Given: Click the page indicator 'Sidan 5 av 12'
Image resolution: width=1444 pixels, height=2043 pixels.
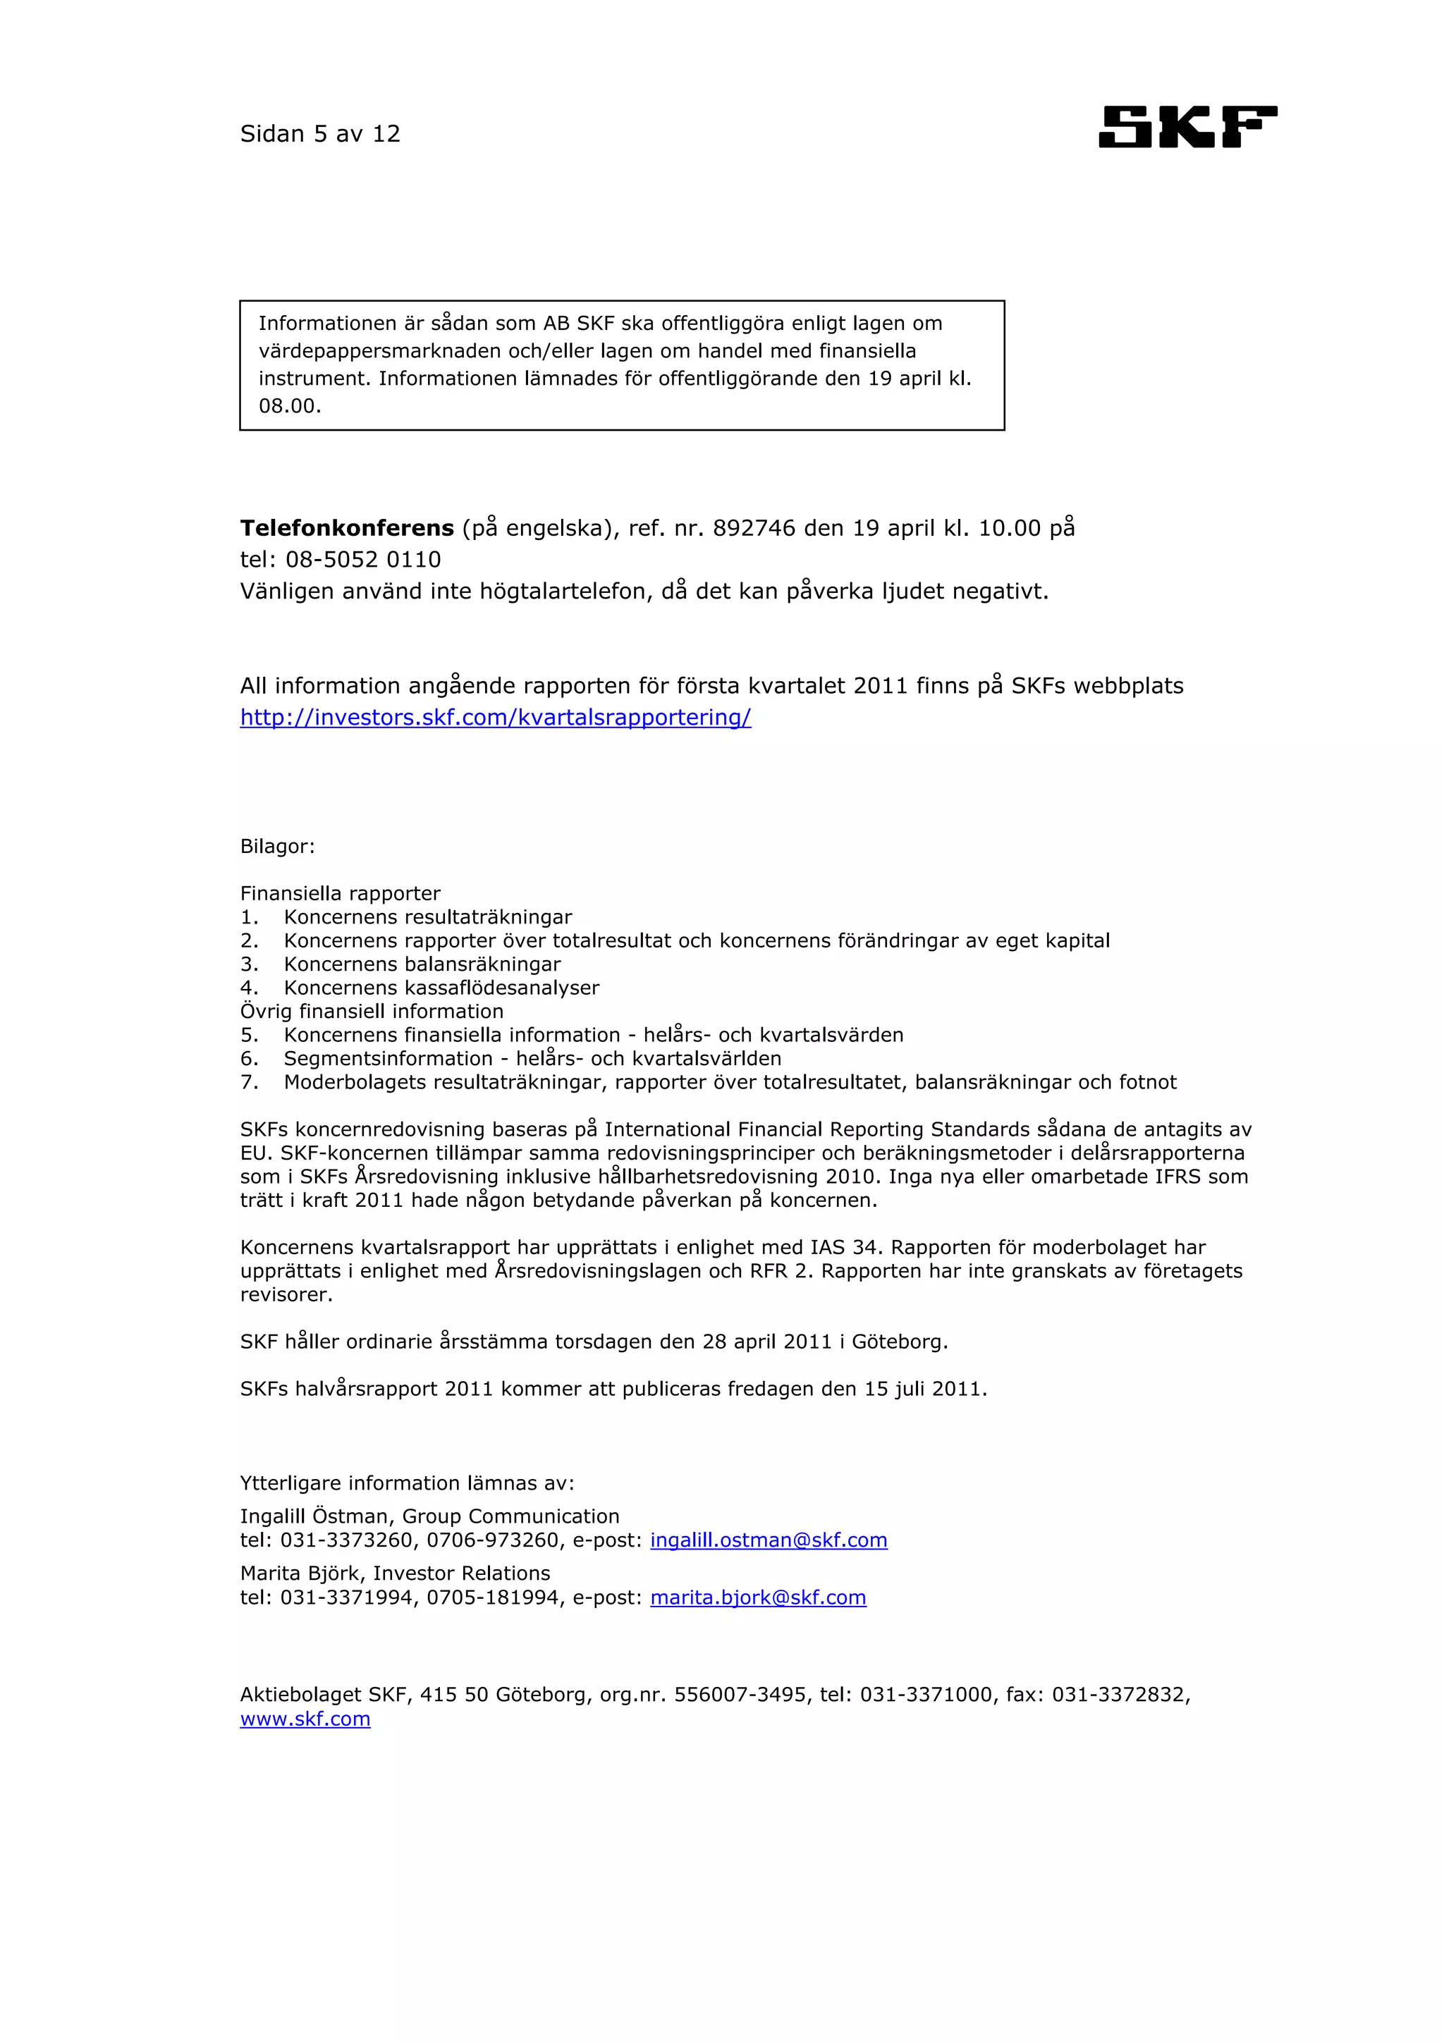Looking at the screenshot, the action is pyautogui.click(x=320, y=135).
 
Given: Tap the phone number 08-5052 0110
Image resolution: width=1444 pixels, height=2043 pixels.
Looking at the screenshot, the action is pyautogui.click(x=363, y=560).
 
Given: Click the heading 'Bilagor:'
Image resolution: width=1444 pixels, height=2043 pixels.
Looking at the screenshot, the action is pyautogui.click(x=278, y=846).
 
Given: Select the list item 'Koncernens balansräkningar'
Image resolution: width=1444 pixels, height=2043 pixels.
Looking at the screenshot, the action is pyautogui.click(x=422, y=964).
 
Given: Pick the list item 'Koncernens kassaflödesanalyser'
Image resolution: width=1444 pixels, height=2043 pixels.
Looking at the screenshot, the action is pyautogui.click(x=441, y=988).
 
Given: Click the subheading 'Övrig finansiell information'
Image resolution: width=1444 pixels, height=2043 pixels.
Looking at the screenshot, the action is pyautogui.click(x=372, y=1011).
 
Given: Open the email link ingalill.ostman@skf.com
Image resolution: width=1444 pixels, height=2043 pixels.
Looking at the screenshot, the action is pyautogui.click(x=769, y=1540).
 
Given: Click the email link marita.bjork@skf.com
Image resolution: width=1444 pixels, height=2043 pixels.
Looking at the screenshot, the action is pyautogui.click(x=758, y=1597).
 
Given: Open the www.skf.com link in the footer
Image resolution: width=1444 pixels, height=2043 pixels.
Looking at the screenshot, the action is pyautogui.click(x=305, y=1719).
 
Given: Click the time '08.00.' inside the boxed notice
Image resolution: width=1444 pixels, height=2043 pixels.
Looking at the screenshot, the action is pyautogui.click(x=290, y=407).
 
